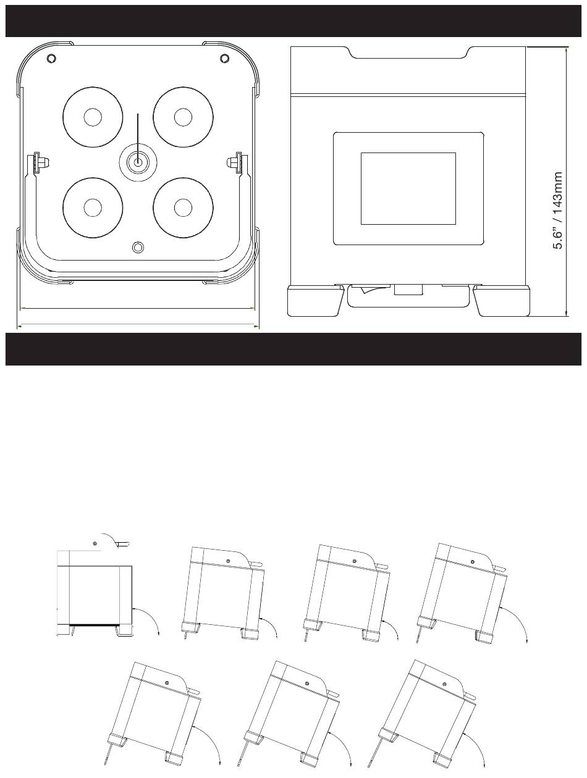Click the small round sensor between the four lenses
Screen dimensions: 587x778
[138, 162]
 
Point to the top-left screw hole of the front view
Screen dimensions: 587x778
[51, 58]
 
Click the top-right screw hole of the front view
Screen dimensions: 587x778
[224, 58]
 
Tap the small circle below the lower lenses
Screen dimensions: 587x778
[138, 247]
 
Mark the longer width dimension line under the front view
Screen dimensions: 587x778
[138, 324]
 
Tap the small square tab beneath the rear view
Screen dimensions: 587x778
[408, 289]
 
